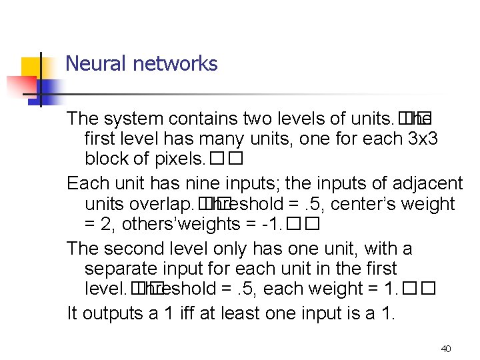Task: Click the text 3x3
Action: click(x=421, y=140)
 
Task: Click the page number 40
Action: click(x=446, y=349)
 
